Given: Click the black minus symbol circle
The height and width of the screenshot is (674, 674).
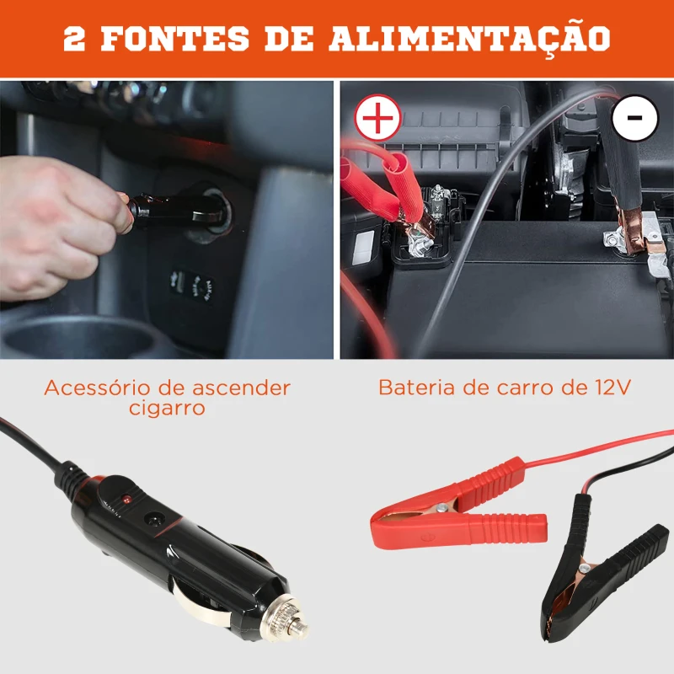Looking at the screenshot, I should (634, 118).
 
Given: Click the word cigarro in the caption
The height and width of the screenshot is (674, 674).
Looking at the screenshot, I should (167, 409).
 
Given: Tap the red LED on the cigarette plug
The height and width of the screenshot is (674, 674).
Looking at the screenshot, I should (127, 500).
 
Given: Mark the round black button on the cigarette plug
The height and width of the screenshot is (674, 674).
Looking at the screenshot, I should (155, 523).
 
